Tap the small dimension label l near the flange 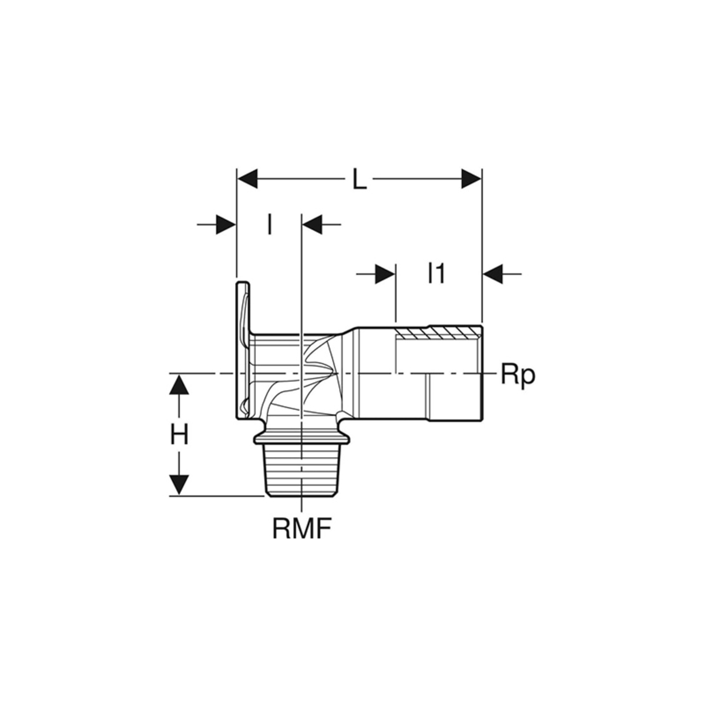[269, 224]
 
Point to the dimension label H [179, 436]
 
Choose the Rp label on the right [518, 374]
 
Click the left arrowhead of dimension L [247, 179]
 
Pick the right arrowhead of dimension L [471, 179]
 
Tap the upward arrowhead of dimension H [179, 385]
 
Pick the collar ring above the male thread [300, 438]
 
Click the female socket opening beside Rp [455, 397]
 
